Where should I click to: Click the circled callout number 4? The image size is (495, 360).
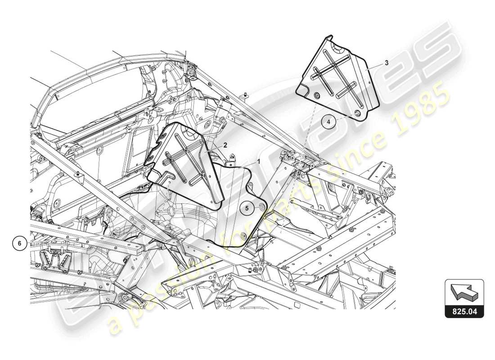(329, 121)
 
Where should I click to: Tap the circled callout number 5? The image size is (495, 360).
(247, 207)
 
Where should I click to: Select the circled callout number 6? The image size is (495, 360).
(19, 243)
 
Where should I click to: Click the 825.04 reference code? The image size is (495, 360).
(464, 310)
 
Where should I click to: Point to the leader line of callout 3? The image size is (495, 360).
(376, 67)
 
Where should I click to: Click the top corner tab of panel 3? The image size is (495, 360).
(330, 37)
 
